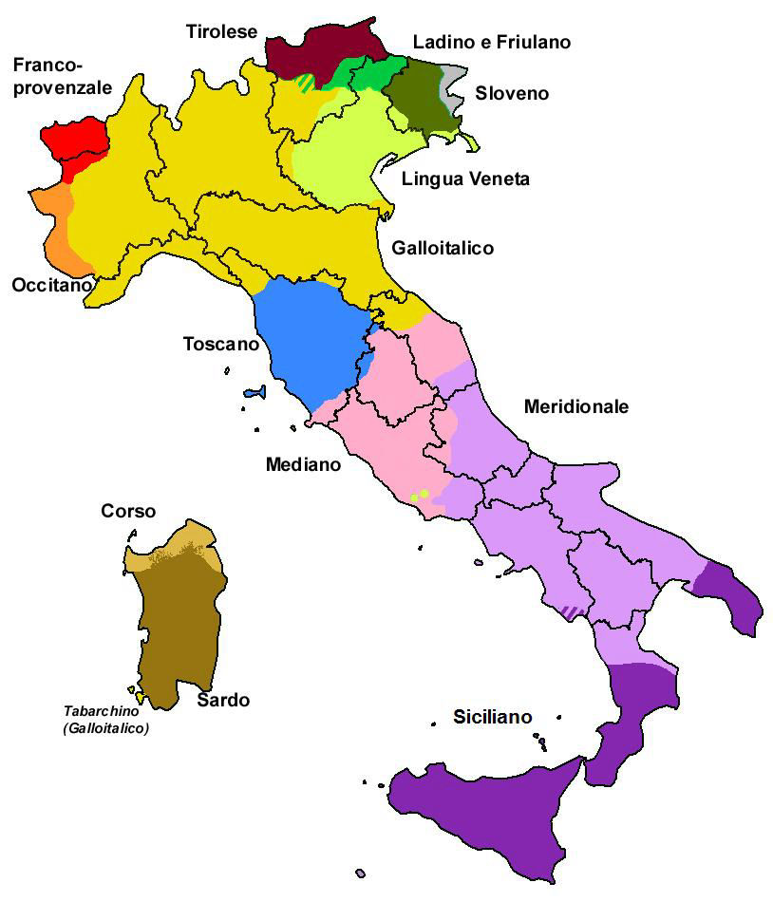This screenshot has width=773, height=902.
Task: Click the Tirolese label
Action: tap(221, 32)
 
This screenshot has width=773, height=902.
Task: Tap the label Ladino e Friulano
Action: tap(491, 42)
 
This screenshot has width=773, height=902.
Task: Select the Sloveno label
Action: tap(512, 93)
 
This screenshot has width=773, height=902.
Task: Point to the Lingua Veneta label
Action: tap(465, 179)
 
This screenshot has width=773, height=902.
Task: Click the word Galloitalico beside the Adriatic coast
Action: tap(442, 248)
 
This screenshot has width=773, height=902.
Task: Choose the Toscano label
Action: tap(220, 344)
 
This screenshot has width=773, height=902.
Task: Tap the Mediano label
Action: tap(302, 464)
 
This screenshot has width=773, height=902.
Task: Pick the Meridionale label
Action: tap(576, 406)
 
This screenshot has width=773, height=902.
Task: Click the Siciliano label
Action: tap(492, 717)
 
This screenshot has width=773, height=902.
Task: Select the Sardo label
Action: tap(223, 701)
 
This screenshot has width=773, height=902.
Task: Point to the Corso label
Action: tap(128, 512)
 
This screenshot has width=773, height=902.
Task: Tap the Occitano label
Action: tap(52, 285)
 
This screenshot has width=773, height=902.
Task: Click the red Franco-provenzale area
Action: tap(81, 142)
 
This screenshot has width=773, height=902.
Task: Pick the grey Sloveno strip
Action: tap(454, 85)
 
